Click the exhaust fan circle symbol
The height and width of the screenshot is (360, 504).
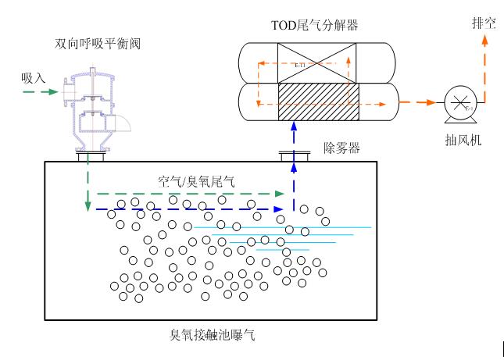tap(457, 103)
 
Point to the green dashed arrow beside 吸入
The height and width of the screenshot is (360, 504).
tap(39, 91)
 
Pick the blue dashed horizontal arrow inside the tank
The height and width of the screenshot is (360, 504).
tap(188, 209)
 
